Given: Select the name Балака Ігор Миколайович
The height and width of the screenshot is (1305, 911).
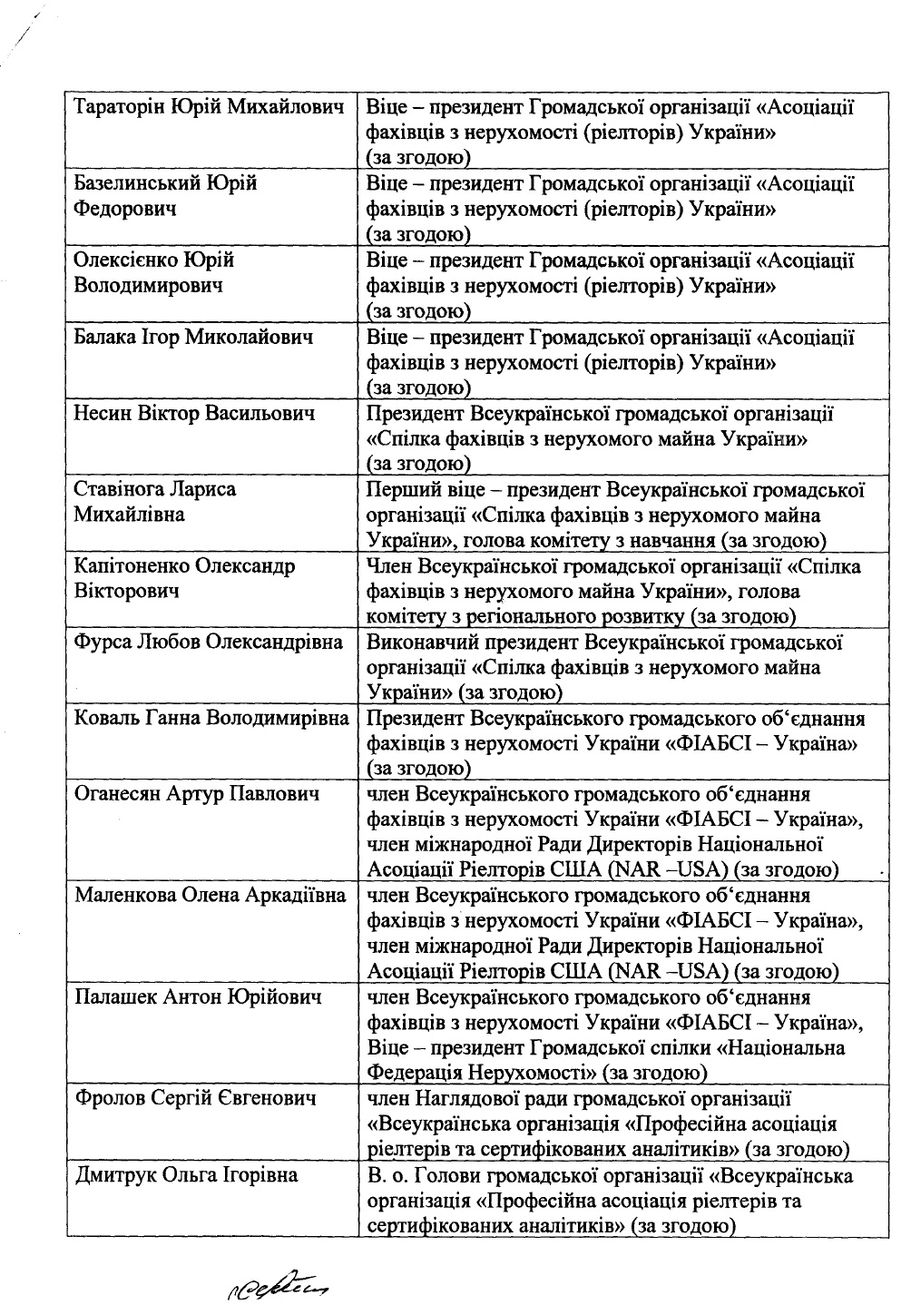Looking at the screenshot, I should [194, 339].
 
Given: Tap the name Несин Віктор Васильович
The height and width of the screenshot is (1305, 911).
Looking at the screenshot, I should [195, 415].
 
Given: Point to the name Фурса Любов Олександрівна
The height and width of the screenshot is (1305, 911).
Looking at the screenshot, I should [209, 643].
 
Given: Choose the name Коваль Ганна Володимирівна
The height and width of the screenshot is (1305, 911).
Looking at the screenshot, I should [211, 720].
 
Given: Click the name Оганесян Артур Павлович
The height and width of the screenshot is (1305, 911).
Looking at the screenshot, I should [197, 796].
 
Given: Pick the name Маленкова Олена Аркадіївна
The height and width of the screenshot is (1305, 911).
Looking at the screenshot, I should [210, 897].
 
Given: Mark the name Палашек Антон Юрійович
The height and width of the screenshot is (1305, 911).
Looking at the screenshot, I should [199, 998].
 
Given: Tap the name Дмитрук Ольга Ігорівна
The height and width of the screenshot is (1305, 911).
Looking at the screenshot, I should [186, 1176].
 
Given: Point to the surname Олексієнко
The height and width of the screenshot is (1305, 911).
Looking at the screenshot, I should [127, 261].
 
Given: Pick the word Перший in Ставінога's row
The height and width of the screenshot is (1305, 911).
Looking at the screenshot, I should [396, 491].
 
